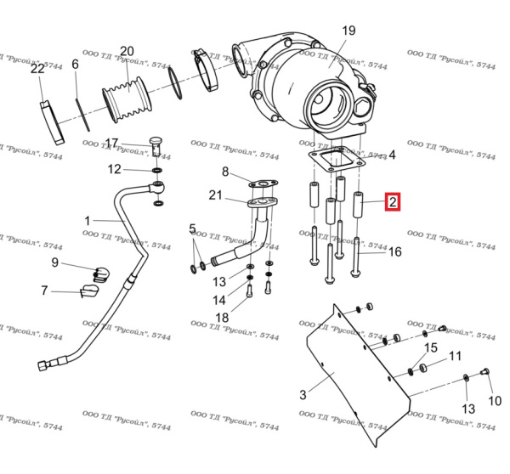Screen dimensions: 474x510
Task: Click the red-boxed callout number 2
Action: click(392, 202)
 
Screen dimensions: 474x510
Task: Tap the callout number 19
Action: click(348, 31)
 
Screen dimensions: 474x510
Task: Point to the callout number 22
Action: click(37, 69)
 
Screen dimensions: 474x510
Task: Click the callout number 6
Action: click(75, 65)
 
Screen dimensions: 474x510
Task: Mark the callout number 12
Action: click(114, 169)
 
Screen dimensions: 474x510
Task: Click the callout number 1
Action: click(87, 221)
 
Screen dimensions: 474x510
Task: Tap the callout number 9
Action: click(54, 262)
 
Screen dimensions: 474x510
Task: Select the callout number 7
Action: click(45, 291)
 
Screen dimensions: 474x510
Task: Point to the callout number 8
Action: click(225, 172)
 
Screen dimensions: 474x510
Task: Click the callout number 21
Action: click(216, 196)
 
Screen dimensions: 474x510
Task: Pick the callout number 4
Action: click(392, 155)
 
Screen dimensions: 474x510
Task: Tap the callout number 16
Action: click(394, 251)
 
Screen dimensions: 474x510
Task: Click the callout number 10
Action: click(495, 400)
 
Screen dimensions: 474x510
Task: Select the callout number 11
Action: click(456, 356)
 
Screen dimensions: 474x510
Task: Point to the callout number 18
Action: click(222, 317)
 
